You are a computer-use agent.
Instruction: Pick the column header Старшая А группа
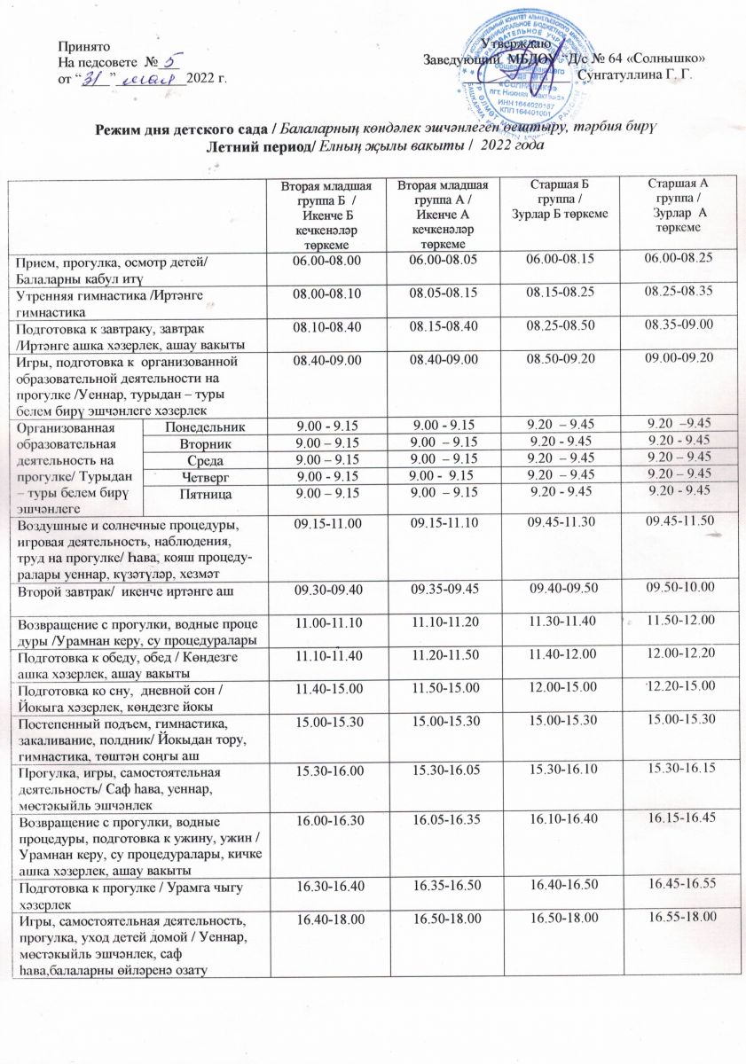tap(679, 205)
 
